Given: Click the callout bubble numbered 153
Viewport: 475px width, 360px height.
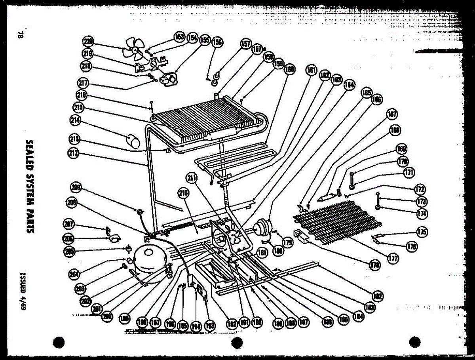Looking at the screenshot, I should click(179, 37).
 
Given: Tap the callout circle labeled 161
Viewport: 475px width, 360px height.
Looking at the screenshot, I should click(311, 70).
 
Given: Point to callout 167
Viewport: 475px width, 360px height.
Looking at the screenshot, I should click(392, 115).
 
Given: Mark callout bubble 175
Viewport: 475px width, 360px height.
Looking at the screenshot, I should click(422, 232).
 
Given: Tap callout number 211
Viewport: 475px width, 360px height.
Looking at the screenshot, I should click(192, 179).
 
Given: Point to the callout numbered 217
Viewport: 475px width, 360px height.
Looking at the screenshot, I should click(84, 84).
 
